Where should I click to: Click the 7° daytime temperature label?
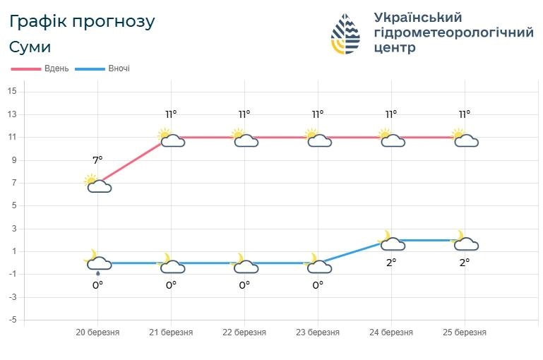[97, 160]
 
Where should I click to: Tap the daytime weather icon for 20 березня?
[97, 184]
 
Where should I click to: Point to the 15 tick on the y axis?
[12, 91]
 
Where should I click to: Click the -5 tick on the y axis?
[11, 320]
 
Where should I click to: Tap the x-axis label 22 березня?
[244, 332]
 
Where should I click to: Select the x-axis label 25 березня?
[464, 332]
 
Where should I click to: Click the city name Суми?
[30, 47]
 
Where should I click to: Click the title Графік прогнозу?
[82, 21]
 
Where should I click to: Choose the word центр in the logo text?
[394, 48]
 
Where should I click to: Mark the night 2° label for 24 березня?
[390, 261]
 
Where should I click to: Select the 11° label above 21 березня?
[171, 114]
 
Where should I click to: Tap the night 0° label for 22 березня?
[244, 285]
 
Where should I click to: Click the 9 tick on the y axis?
[12, 160]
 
